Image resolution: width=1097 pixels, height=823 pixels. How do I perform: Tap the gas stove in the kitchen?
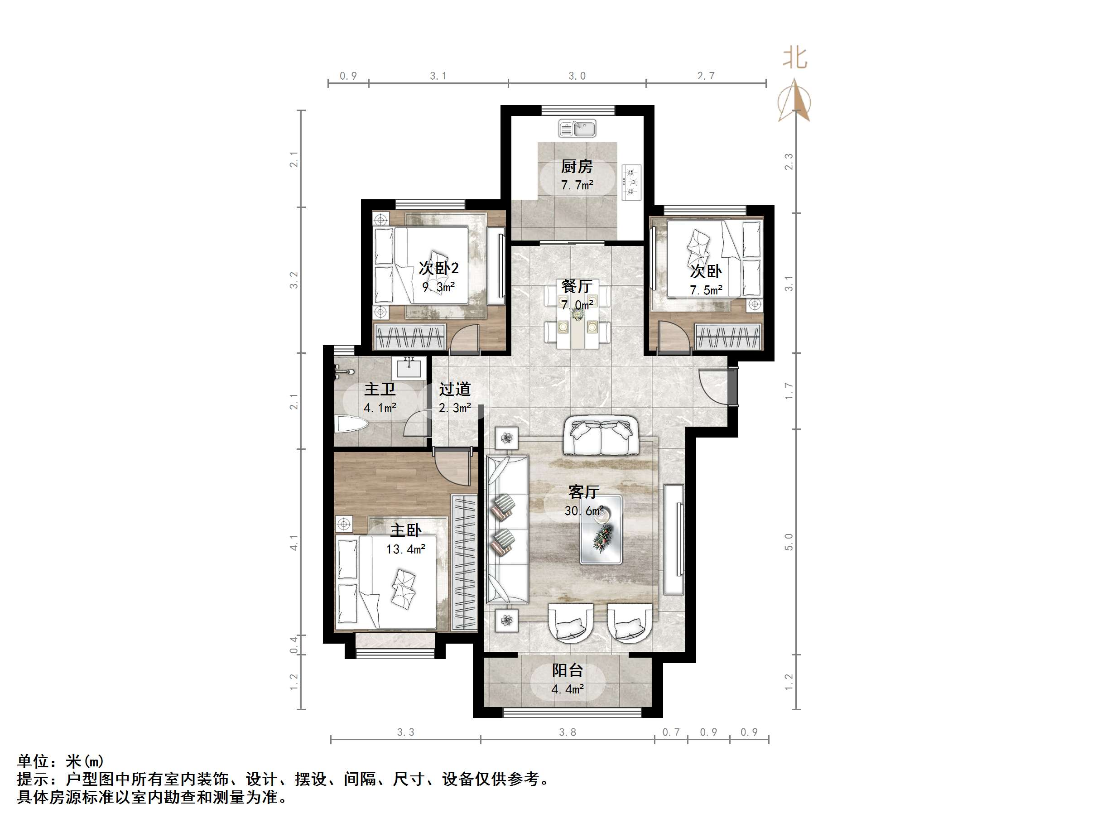pyautogui.click(x=631, y=183)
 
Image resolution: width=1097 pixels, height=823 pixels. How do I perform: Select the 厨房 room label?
pyautogui.click(x=577, y=167)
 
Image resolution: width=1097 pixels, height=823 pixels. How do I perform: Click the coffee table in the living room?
pyautogui.click(x=601, y=530)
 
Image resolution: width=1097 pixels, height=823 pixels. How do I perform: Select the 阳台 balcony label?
pyautogui.click(x=568, y=671)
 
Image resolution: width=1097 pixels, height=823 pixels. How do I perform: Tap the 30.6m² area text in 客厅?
pyautogui.click(x=584, y=511)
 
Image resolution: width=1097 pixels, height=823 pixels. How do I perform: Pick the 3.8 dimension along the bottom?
pyautogui.click(x=568, y=733)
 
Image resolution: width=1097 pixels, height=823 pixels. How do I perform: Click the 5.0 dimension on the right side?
pyautogui.click(x=789, y=542)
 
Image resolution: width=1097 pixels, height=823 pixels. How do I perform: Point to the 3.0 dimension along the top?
pyautogui.click(x=577, y=76)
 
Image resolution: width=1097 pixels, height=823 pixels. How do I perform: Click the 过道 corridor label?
pyautogui.click(x=454, y=390)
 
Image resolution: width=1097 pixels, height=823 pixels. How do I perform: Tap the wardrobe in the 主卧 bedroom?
pyautogui.click(x=464, y=563)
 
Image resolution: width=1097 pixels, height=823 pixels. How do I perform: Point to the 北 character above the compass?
pyautogui.click(x=795, y=58)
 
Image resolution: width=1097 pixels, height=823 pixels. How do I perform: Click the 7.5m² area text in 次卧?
pyautogui.click(x=706, y=290)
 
